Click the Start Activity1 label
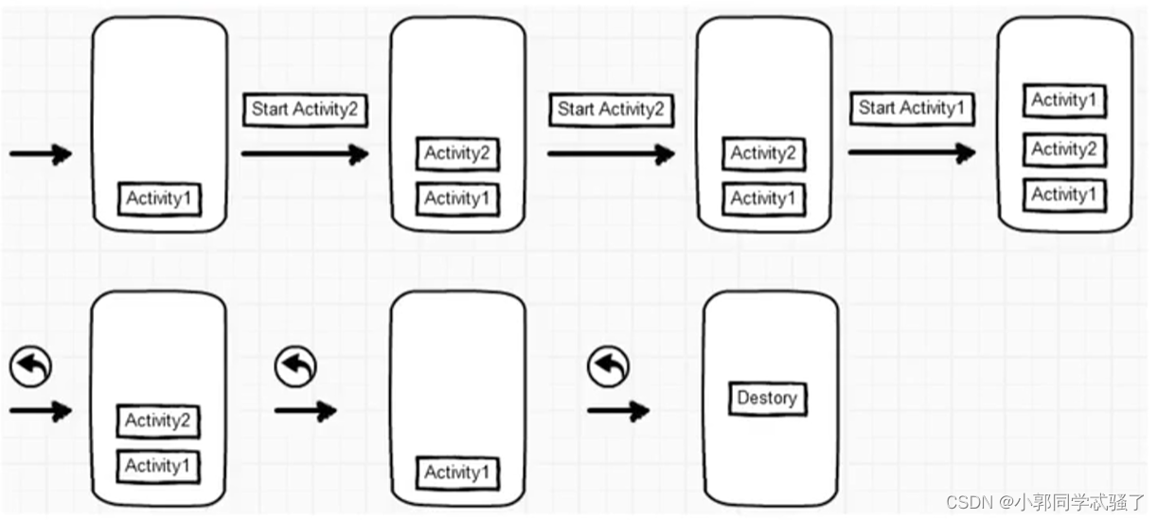point(911,109)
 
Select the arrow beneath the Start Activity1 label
point(911,152)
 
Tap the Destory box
point(766,398)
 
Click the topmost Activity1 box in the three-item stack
point(1064,100)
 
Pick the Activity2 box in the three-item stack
point(1064,150)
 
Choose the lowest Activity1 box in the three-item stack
point(1064,195)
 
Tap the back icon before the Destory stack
point(608,367)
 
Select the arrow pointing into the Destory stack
point(617,411)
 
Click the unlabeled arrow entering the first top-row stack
point(40,154)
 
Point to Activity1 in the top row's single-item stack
point(160,199)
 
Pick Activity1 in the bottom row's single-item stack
point(457,473)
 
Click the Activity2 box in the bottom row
point(158,421)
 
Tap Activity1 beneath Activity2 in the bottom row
point(158,466)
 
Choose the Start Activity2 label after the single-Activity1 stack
point(304,110)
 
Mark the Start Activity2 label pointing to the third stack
point(610,110)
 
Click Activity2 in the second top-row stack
point(457,153)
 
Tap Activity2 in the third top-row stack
point(763,153)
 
